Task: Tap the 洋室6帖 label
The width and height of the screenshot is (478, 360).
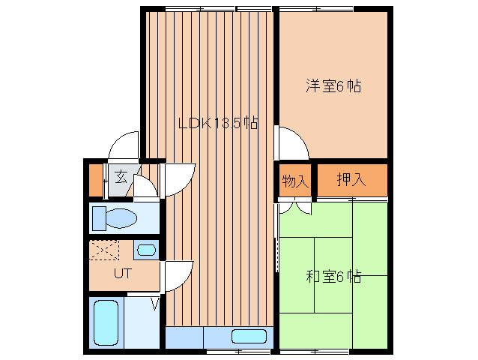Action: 333,86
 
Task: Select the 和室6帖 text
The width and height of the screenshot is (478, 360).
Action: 333,276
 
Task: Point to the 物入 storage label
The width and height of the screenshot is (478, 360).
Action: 294,181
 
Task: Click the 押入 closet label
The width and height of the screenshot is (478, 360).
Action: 351,180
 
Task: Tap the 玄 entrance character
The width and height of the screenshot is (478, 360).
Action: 121,178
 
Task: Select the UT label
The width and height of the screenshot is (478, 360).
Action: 123,273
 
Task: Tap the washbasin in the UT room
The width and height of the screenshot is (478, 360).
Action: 147,250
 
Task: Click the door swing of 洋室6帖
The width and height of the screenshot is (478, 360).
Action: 291,143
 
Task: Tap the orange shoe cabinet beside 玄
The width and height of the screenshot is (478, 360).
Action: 96,178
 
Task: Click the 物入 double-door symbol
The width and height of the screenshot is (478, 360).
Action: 295,205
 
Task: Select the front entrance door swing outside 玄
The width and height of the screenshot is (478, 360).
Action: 124,147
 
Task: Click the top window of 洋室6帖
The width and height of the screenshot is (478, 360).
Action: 315,8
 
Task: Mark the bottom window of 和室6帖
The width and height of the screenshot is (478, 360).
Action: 315,350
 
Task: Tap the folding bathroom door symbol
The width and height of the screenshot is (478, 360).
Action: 156,304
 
